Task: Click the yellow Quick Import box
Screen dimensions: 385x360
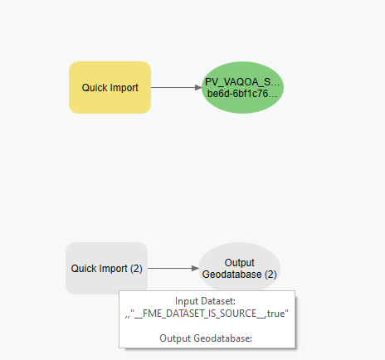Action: click(110, 87)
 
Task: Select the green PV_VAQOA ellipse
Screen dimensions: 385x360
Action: click(242, 87)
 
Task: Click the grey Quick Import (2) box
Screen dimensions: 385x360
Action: click(106, 268)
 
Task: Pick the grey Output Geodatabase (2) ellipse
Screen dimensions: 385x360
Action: click(240, 267)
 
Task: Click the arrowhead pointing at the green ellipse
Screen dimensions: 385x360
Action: click(198, 87)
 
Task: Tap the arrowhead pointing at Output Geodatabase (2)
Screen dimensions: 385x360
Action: click(195, 268)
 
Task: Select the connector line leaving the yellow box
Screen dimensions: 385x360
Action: click(173, 87)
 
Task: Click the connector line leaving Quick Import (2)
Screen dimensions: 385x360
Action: click(170, 268)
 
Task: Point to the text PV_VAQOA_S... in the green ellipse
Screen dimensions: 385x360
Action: click(242, 82)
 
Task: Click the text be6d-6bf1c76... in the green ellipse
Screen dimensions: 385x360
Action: click(242, 94)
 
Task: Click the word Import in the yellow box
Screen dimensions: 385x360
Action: click(124, 88)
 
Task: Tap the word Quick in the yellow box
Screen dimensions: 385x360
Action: click(95, 88)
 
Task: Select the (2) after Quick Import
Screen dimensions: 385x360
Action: click(136, 269)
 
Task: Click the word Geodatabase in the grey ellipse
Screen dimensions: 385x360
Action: click(231, 275)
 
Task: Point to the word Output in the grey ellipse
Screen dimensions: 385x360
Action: click(240, 263)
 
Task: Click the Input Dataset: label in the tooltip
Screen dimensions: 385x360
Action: click(205, 301)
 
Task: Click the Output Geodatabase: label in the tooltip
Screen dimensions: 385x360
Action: click(206, 338)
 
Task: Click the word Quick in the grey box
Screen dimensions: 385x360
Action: click(84, 269)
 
